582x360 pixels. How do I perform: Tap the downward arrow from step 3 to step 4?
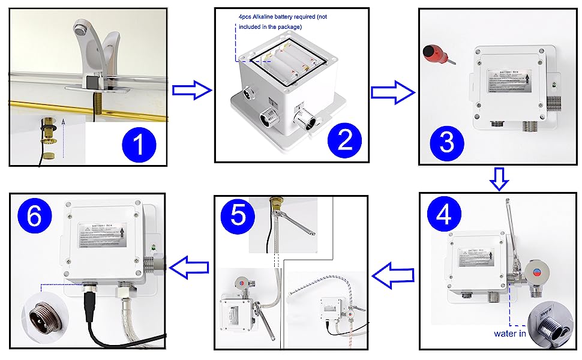click(499, 178)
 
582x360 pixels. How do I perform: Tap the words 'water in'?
click(511, 333)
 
